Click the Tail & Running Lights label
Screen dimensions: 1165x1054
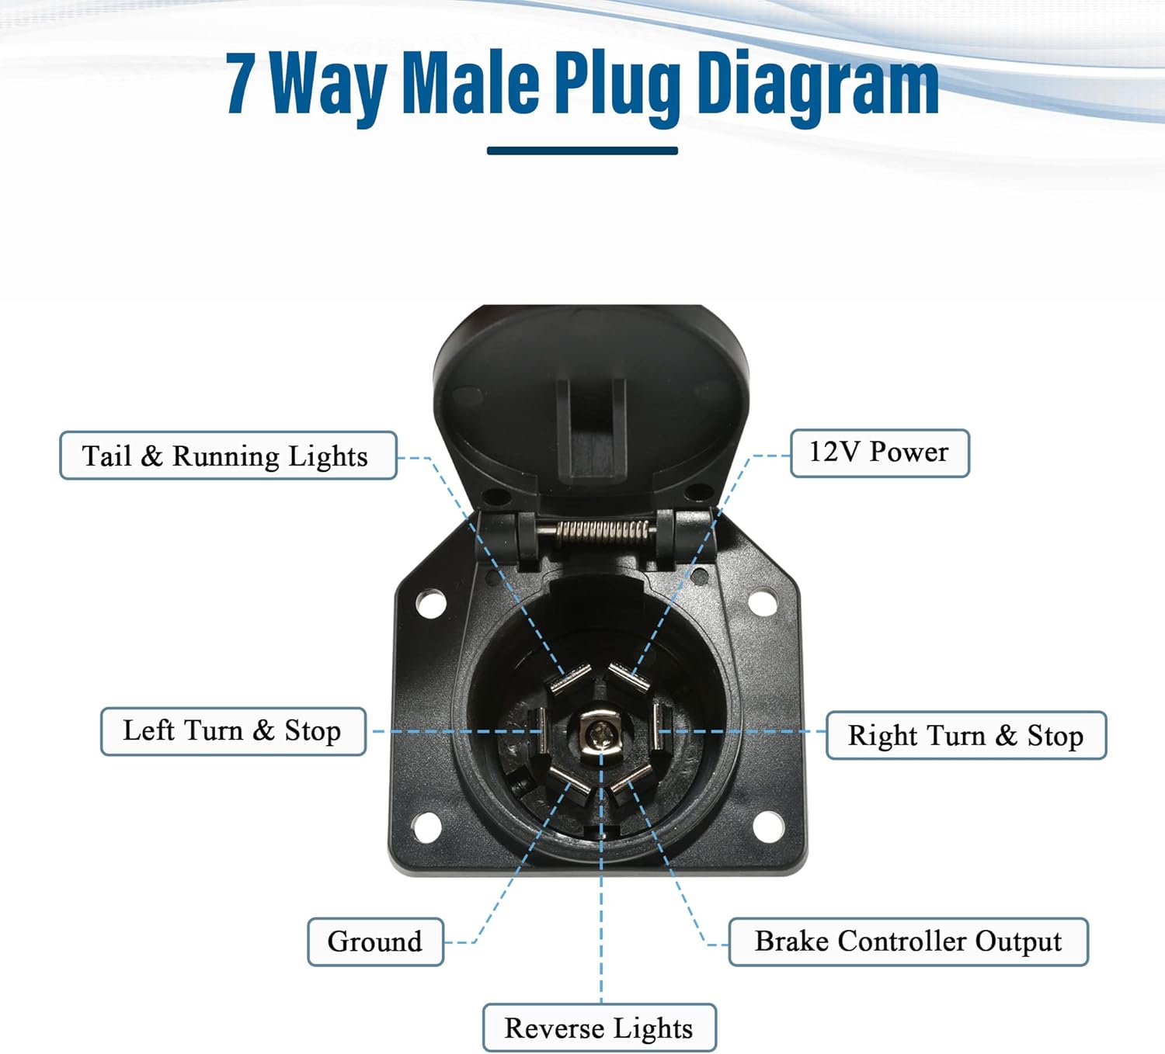click(x=228, y=456)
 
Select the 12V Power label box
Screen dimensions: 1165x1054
click(x=880, y=453)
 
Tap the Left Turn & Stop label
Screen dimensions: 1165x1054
click(x=233, y=731)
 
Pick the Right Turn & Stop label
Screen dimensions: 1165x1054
click(x=966, y=735)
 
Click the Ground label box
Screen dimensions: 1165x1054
click(x=376, y=941)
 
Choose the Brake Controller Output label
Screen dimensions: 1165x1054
click(x=908, y=941)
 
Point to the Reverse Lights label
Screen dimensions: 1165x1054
click(x=600, y=1028)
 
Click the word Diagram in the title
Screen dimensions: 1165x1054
click(x=818, y=83)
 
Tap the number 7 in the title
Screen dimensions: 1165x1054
click(x=241, y=83)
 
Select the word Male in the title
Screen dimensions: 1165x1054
click(x=471, y=81)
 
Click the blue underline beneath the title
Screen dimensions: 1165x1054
click(x=582, y=151)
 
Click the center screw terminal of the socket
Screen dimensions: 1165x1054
click(x=599, y=734)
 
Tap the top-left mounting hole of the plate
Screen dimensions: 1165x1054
click(x=431, y=604)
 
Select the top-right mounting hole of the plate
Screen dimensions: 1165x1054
click(x=763, y=602)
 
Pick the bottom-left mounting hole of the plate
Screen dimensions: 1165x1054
click(x=427, y=827)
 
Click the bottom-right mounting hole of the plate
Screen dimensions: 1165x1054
click(x=768, y=827)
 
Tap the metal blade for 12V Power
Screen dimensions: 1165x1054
click(x=628, y=678)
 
